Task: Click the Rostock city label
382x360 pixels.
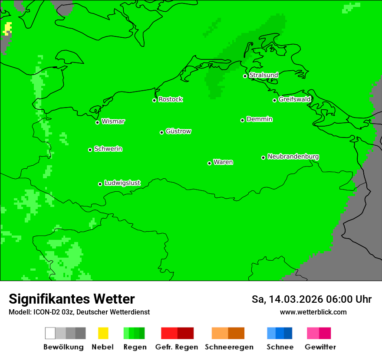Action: (171, 99)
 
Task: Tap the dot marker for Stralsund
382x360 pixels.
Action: (245, 76)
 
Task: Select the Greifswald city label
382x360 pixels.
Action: (294, 99)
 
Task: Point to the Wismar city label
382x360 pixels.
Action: (113, 121)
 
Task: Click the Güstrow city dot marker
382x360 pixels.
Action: (161, 132)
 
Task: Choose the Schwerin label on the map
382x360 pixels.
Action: (108, 149)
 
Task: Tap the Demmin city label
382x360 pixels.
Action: (259, 119)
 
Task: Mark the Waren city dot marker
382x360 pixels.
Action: (209, 163)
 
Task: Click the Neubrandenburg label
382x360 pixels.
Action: (293, 157)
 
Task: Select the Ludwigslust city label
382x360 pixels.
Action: (122, 183)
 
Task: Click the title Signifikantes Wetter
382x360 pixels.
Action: (72, 299)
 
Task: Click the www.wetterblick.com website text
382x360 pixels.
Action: (313, 312)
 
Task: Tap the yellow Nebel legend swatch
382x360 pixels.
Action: (103, 333)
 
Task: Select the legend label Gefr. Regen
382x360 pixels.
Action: (176, 347)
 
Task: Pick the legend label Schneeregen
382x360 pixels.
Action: (229, 347)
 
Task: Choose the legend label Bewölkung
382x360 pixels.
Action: (63, 347)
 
